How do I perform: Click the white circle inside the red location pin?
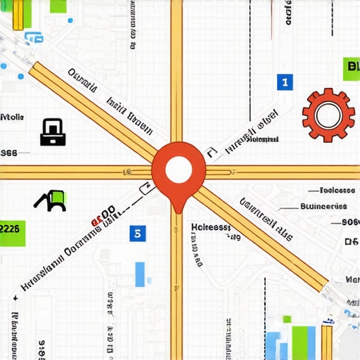click(x=179, y=169)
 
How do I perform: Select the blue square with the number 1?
click(x=284, y=82)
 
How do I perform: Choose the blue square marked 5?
click(x=138, y=233)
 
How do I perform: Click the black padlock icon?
click(x=53, y=132)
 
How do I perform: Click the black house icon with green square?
click(x=51, y=201)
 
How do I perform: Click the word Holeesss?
click(x=210, y=228)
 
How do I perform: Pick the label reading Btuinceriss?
click(x=323, y=207)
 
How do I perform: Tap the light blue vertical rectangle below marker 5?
click(x=140, y=274)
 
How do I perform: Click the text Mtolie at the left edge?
click(x=13, y=117)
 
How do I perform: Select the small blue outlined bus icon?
click(x=29, y=37)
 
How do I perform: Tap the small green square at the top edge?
click(x=58, y=6)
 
